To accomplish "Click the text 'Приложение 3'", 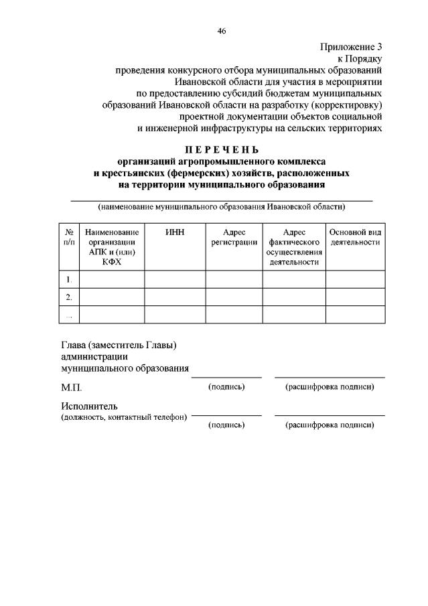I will pos(350,47).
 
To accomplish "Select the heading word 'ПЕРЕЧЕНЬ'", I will pos(221,149).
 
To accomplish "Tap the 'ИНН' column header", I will pos(175,232).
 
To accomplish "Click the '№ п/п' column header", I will pos(68,236).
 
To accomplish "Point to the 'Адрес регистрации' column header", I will pos(234,236).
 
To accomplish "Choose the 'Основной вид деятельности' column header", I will pos(356,236).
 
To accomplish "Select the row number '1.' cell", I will pos(68,279).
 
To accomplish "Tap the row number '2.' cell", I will pos(68,297).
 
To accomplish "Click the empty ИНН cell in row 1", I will pos(175,279).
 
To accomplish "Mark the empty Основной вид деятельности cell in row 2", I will pos(356,297).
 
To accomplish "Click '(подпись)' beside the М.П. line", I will pos(226,387).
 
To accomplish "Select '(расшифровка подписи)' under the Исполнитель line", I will pos(330,425).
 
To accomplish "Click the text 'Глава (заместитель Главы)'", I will pos(119,346).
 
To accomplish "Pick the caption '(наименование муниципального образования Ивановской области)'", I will pos(221,207).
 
